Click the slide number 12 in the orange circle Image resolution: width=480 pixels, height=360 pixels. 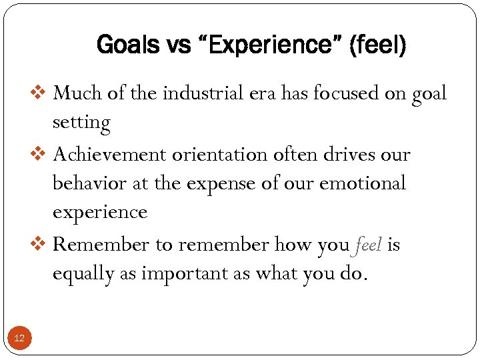(x=19, y=339)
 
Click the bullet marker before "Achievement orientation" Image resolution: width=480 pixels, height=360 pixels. (x=41, y=155)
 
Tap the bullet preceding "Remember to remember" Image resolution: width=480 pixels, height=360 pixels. (x=41, y=244)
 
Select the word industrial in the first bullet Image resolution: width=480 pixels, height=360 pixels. (x=195, y=93)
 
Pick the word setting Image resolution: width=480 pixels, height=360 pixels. (x=81, y=123)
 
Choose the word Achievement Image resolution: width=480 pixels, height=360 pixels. (x=110, y=155)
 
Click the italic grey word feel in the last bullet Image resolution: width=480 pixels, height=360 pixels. (x=368, y=244)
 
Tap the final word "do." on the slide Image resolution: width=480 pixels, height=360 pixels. (x=352, y=274)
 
